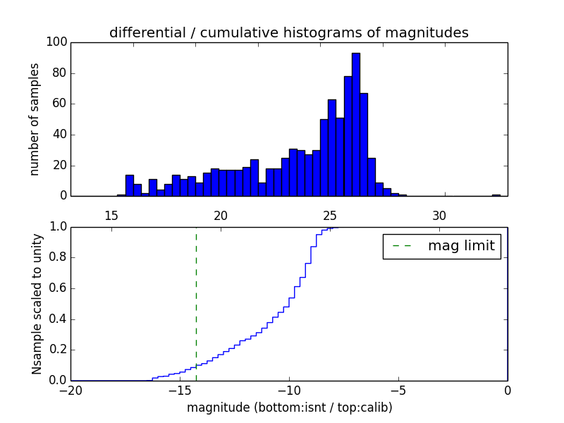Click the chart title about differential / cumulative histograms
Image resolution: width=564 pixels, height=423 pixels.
pos(288,32)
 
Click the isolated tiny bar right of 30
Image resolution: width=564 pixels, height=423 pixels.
pos(496,195)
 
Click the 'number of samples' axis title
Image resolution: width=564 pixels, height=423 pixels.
pos(34,119)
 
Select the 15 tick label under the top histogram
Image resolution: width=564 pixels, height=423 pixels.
pos(111,216)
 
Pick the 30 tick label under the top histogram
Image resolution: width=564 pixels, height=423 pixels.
pos(439,216)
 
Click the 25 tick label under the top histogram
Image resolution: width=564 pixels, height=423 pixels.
pos(330,216)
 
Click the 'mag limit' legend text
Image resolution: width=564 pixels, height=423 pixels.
pos(461,246)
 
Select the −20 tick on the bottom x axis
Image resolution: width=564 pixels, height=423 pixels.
pos(70,390)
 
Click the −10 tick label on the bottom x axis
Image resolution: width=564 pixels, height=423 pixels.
pos(288,390)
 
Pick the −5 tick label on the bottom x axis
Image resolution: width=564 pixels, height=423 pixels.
pos(398,390)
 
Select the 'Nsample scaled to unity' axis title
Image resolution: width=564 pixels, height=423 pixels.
pos(37,304)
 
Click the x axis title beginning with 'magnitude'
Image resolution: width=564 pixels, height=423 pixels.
pos(289,407)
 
